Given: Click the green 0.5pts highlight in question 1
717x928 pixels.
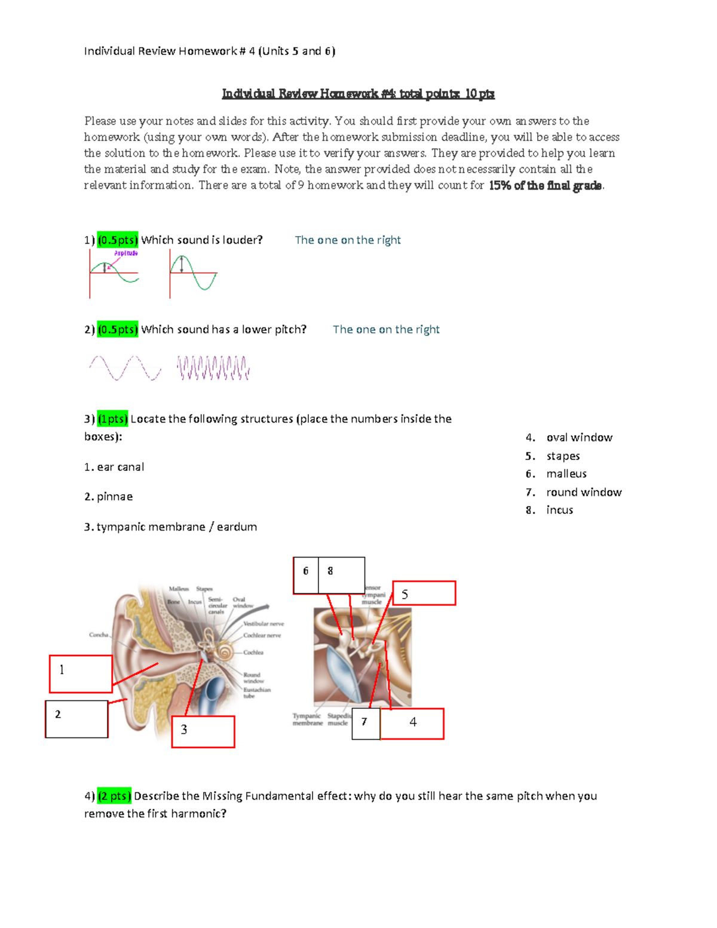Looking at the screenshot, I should click(x=118, y=240).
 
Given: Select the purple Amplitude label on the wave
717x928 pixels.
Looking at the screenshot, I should click(x=126, y=253).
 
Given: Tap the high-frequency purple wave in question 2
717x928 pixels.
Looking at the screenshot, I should click(x=213, y=368).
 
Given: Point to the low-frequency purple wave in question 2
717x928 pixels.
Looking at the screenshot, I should click(x=125, y=368).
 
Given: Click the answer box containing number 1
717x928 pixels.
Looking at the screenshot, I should click(x=81, y=673).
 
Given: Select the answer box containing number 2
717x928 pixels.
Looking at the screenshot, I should click(x=76, y=719).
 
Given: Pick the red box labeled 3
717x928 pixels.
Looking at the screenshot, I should click(x=203, y=731).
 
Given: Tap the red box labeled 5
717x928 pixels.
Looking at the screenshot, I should click(x=424, y=593).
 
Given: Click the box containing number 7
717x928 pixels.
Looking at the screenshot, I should click(x=365, y=724).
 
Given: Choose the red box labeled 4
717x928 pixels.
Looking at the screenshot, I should click(x=412, y=724).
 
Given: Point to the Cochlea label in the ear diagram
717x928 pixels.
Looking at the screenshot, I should click(x=253, y=653).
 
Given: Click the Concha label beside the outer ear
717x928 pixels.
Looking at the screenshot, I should click(x=99, y=635).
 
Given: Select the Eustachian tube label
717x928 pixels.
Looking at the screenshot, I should click(x=256, y=693).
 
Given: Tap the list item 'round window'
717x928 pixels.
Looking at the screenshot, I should click(x=583, y=492).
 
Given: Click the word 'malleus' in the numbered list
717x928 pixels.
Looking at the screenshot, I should click(x=566, y=474).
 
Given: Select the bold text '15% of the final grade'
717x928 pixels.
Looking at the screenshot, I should click(x=545, y=186).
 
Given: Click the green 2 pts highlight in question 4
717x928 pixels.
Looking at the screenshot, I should click(x=114, y=796).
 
